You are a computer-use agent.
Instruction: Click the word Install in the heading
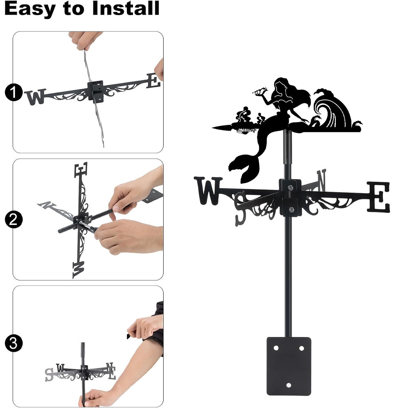click(x=126, y=8)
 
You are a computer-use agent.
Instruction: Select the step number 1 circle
click(x=13, y=92)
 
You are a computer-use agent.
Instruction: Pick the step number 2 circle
click(x=13, y=220)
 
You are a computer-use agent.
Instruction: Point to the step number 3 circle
click(x=13, y=343)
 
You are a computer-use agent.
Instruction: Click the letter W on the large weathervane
click(x=208, y=191)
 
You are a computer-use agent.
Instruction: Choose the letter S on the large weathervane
click(x=241, y=208)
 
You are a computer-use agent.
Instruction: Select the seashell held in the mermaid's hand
click(x=260, y=91)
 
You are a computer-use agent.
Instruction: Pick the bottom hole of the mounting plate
click(x=288, y=385)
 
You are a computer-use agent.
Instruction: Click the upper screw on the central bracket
click(x=290, y=187)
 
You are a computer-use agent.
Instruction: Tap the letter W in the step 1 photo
click(x=35, y=96)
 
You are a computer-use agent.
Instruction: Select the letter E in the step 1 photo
click(x=153, y=81)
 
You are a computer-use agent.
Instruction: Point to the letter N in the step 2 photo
click(x=47, y=205)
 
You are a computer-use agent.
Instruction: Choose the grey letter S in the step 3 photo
click(x=49, y=375)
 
